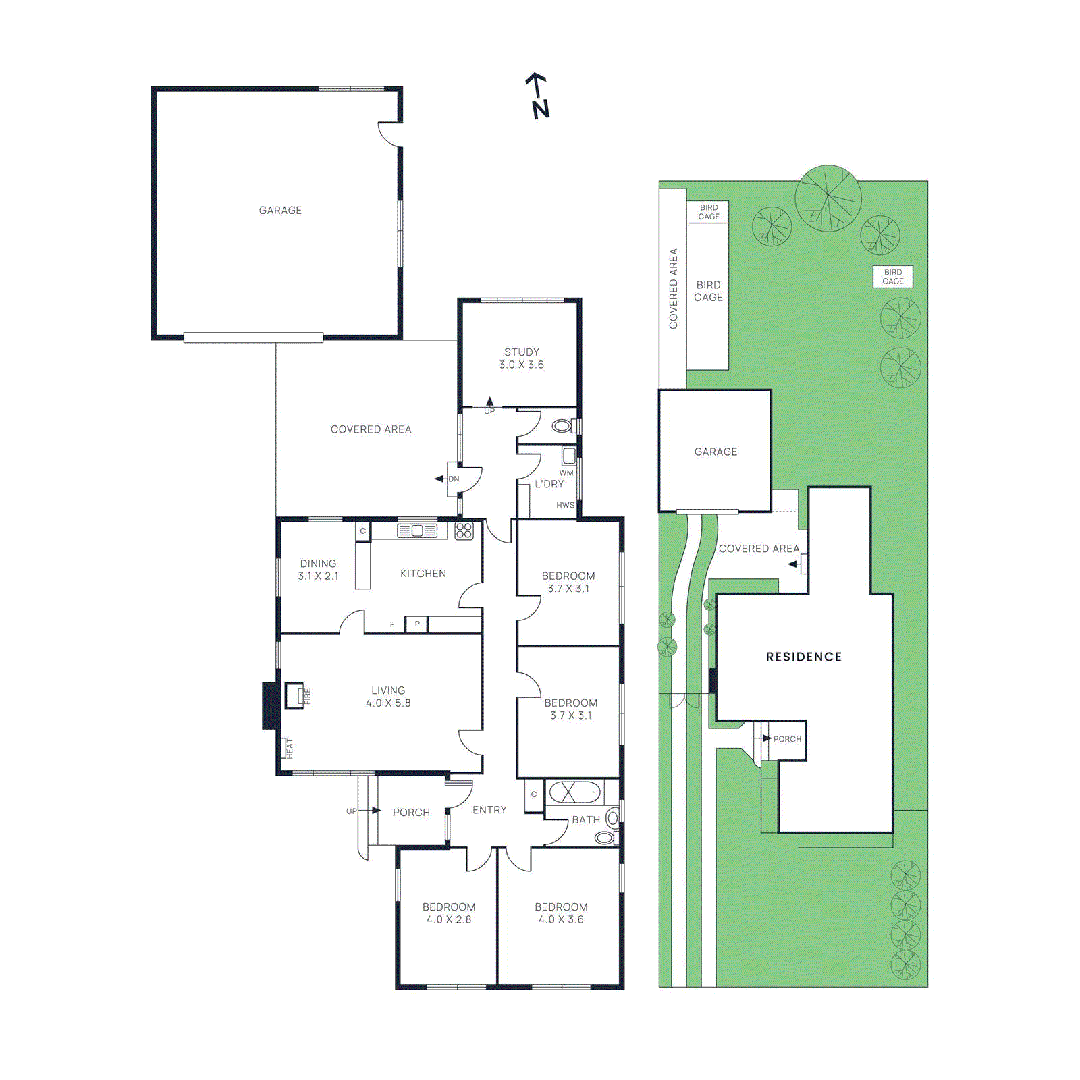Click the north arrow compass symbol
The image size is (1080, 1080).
pos(538,96)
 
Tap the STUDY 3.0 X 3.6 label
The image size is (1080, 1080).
pos(521,358)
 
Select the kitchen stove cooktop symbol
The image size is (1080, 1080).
pos(464,531)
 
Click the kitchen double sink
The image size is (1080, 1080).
pos(417,531)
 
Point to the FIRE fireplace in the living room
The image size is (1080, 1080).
pos(294,695)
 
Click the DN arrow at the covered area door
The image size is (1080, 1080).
pos(440,479)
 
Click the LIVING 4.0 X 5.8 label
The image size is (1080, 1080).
pos(388,697)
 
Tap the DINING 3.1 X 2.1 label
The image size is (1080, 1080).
pos(318,570)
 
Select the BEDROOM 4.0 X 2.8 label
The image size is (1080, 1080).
pos(449,913)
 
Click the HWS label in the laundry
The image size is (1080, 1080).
pos(565,505)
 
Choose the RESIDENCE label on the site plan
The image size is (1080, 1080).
pos(803,657)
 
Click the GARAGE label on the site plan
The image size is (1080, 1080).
pos(715,452)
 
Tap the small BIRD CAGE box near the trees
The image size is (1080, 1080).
pos(892,277)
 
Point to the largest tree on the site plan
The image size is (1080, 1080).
pos(828,198)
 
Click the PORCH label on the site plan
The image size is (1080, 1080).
pos(787,739)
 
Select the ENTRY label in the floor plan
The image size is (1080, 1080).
pos(489,810)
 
